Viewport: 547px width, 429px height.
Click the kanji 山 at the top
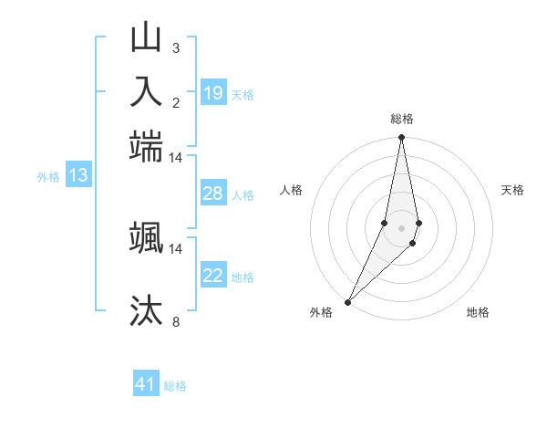point(147,38)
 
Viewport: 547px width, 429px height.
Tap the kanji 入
point(147,91)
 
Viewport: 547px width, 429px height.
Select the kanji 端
point(147,145)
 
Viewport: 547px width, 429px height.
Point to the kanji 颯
point(147,236)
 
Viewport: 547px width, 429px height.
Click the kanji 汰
point(147,310)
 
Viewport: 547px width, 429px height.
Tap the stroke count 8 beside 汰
point(176,321)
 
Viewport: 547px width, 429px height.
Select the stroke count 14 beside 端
point(176,157)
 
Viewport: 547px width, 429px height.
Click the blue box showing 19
point(213,92)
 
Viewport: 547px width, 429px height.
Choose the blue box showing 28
point(213,194)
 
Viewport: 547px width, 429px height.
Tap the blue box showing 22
point(213,276)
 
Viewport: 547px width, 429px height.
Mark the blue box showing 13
point(78,175)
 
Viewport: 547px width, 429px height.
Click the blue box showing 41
point(146,384)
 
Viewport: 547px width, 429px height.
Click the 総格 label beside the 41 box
point(175,386)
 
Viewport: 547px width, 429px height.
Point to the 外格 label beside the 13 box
point(48,177)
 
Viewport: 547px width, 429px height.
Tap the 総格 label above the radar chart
point(402,119)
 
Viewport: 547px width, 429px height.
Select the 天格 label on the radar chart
point(513,190)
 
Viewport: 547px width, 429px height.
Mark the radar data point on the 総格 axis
point(401,138)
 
